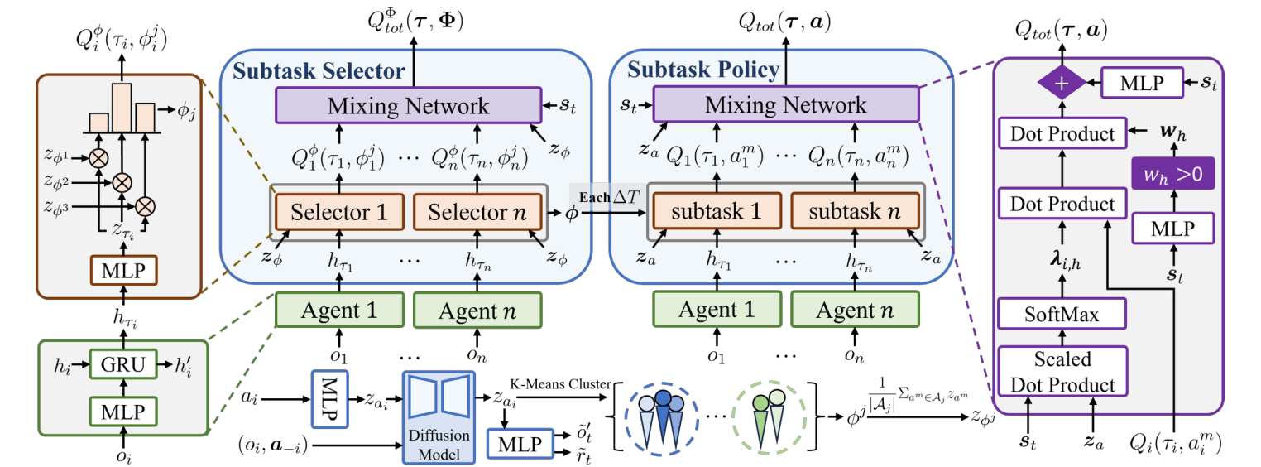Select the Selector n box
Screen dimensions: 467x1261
[477, 212]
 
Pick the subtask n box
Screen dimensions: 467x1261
[854, 212]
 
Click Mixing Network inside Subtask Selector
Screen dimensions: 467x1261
[409, 106]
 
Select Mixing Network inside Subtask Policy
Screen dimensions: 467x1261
[786, 106]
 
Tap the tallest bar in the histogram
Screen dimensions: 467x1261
[122, 108]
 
